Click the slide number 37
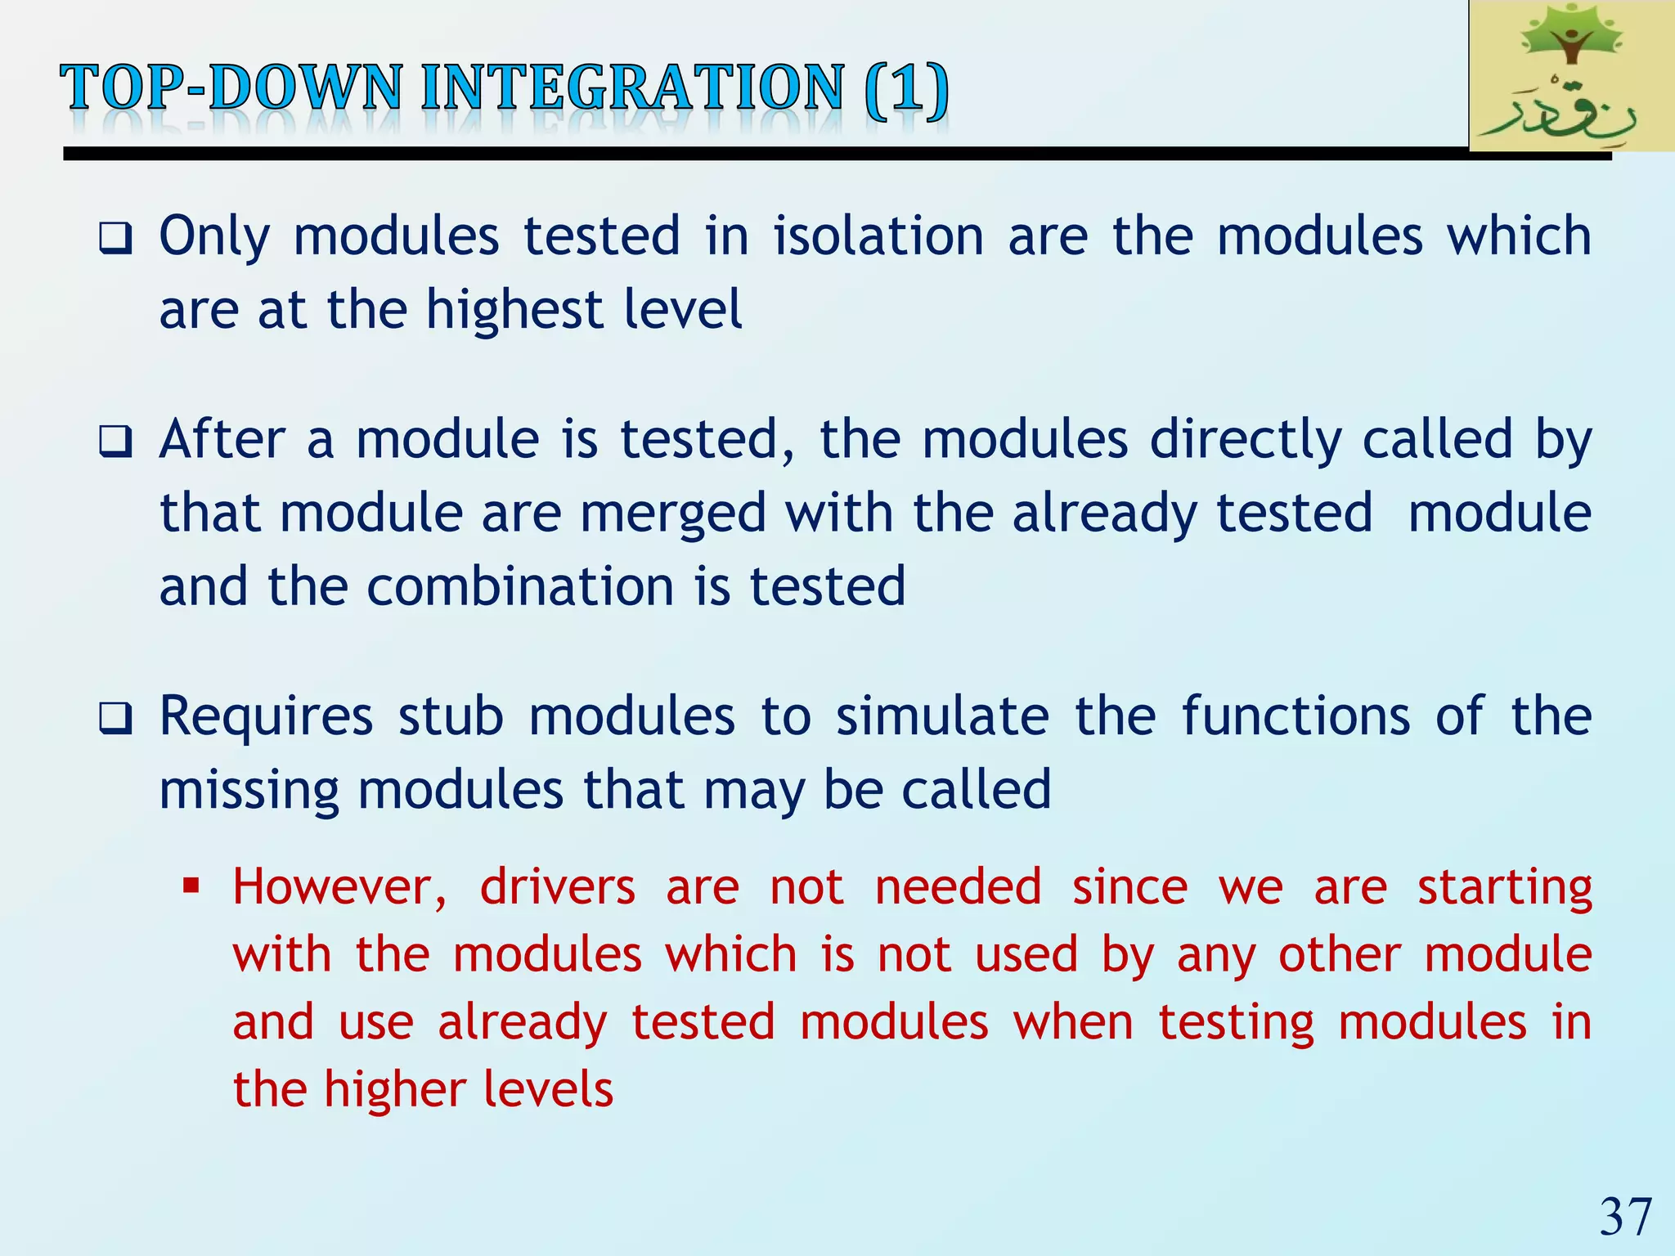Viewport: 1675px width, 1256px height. click(x=1625, y=1217)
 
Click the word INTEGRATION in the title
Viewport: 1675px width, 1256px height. click(x=631, y=88)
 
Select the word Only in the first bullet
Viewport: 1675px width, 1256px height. click(x=213, y=237)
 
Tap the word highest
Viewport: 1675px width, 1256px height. click(x=514, y=311)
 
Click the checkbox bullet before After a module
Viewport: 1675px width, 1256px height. click(x=115, y=442)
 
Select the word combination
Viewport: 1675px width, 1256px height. click(x=520, y=587)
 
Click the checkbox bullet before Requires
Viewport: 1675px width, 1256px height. click(x=115, y=719)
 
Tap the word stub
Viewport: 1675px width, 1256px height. click(x=450, y=716)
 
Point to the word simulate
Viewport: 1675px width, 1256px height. click(x=941, y=716)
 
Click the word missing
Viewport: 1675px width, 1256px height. click(x=248, y=792)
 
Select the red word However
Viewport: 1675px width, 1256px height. click(x=339, y=887)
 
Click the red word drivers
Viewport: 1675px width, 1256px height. click(x=557, y=887)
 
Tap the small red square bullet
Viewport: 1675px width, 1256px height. click(x=191, y=886)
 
